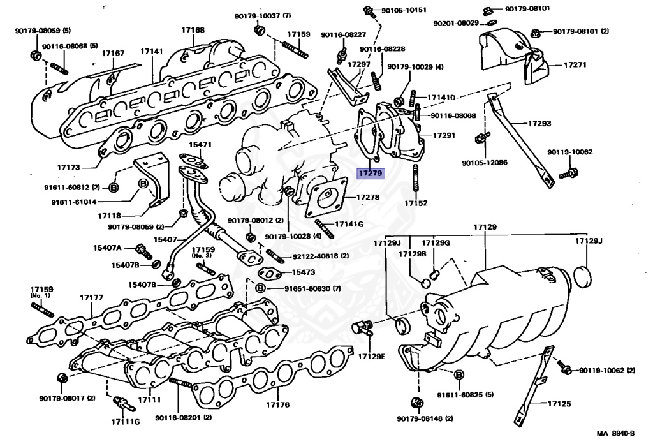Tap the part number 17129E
[372, 355]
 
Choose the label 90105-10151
[404, 10]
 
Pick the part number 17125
[559, 403]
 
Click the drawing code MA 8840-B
[619, 434]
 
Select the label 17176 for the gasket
[277, 404]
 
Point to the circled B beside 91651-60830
[260, 288]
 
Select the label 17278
[368, 198]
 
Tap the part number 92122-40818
[316, 256]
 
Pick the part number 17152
[416, 204]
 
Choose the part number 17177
[91, 297]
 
